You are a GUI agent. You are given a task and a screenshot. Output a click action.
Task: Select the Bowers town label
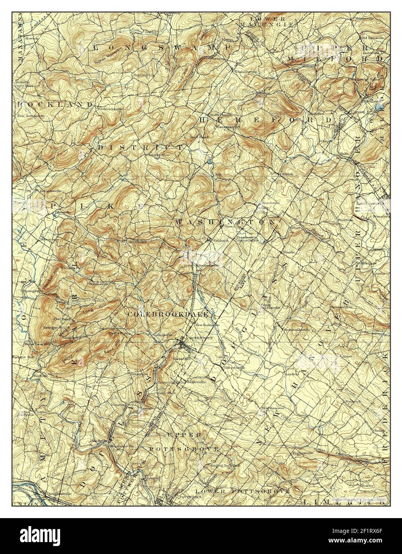[x=32, y=38]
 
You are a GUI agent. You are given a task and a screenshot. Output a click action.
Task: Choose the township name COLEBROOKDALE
[x=168, y=314]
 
